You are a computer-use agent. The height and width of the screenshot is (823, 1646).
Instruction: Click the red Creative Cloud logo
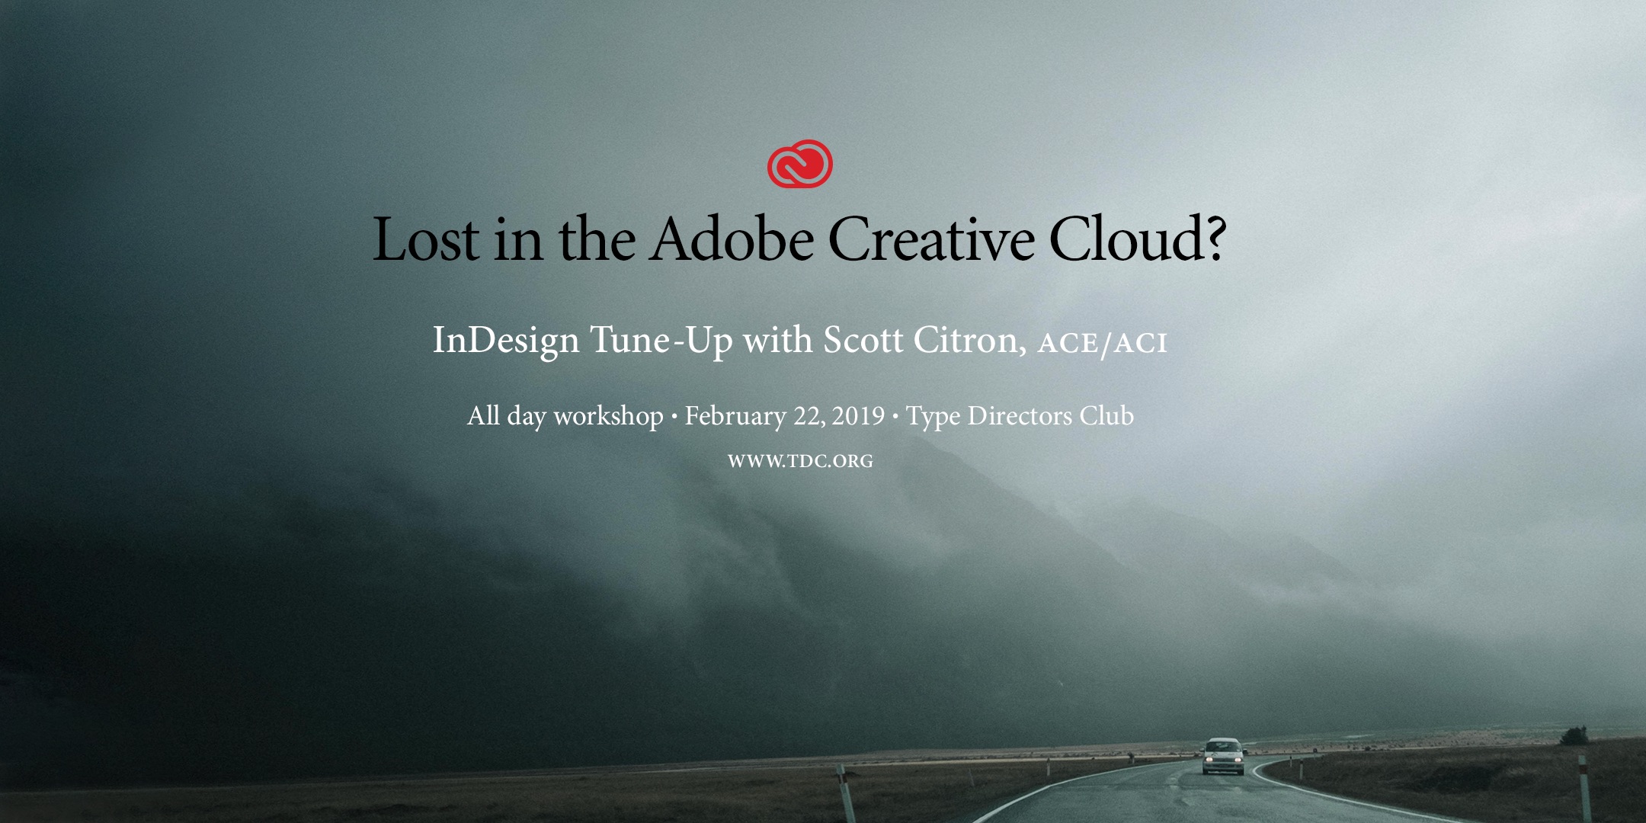click(x=800, y=164)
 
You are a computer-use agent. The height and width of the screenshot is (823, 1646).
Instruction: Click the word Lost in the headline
click(x=426, y=239)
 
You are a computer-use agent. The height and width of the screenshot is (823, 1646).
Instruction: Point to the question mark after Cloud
click(x=1212, y=238)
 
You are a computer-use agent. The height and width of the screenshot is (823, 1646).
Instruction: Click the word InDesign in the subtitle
click(x=506, y=341)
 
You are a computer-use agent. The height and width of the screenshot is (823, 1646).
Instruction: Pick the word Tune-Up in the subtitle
click(x=661, y=341)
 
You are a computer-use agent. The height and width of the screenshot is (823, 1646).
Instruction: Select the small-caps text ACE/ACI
click(x=1103, y=344)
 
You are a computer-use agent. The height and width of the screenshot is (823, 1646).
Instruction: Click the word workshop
click(x=608, y=416)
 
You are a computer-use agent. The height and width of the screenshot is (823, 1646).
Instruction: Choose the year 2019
click(x=858, y=416)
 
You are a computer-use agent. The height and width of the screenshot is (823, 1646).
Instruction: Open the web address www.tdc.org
click(x=800, y=461)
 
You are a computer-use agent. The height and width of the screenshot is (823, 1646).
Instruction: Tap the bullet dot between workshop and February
click(x=674, y=418)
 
